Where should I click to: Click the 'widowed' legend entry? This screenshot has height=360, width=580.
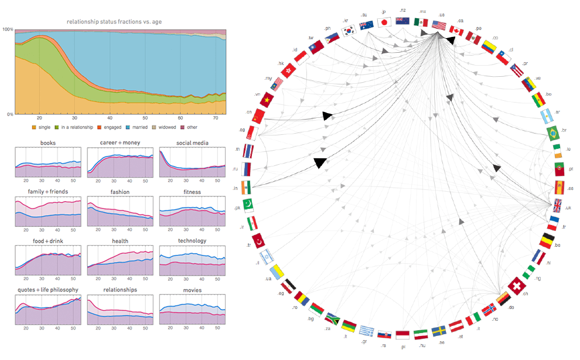click(x=166, y=127)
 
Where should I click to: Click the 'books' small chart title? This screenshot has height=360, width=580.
click(x=48, y=142)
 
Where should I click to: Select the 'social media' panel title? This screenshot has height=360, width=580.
click(x=192, y=142)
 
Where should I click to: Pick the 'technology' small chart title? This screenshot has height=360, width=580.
click(x=192, y=240)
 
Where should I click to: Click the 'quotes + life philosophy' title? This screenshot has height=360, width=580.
click(x=48, y=290)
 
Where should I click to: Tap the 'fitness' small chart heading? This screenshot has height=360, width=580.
click(x=192, y=192)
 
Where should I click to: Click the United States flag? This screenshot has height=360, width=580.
click(x=439, y=25)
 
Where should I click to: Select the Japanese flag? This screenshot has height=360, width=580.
click(x=385, y=22)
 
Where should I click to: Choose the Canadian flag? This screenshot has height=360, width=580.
click(x=456, y=29)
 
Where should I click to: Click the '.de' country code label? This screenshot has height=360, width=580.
click(x=510, y=307)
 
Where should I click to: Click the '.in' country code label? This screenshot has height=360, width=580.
click(x=235, y=189)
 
